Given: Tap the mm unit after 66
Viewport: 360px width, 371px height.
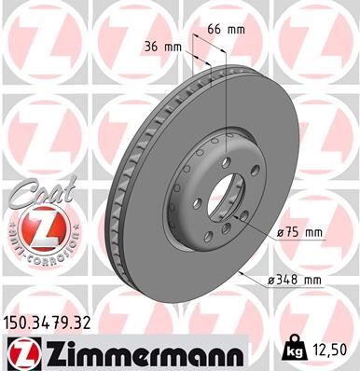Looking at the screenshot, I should pyautogui.click(x=237, y=29).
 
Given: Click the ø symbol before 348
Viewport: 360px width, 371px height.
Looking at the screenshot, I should pyautogui.click(x=271, y=280).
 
